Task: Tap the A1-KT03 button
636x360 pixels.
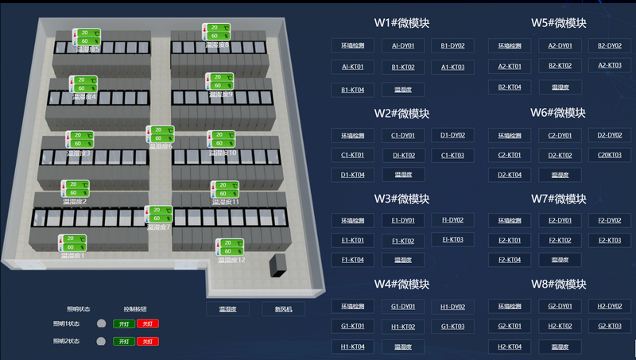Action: (x=452, y=68)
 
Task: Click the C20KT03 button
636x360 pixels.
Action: (x=610, y=155)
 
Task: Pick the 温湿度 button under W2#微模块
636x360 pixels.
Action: (x=402, y=174)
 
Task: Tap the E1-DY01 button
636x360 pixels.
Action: (x=402, y=220)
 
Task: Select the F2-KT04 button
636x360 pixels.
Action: (x=509, y=260)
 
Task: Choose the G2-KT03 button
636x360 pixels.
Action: (x=610, y=326)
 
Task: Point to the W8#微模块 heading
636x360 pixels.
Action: (x=559, y=284)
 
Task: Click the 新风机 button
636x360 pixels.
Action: (x=283, y=309)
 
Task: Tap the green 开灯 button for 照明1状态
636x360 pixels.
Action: (x=123, y=323)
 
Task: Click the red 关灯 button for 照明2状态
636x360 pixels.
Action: (x=147, y=341)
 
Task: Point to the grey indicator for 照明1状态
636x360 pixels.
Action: (x=101, y=323)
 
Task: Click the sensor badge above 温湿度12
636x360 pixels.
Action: (x=230, y=246)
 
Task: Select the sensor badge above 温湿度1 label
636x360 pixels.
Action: (x=73, y=242)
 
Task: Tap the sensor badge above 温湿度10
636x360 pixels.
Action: (x=221, y=138)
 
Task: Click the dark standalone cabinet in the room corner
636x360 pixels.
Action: (x=278, y=265)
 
